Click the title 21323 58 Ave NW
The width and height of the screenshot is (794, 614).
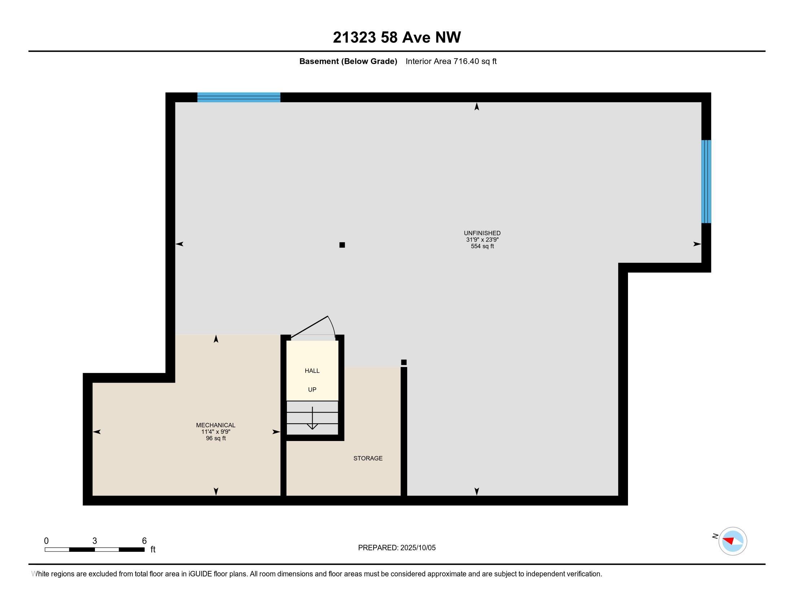(397, 37)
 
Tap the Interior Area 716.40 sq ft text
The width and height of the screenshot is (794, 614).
(451, 61)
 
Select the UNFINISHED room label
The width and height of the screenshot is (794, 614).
(482, 233)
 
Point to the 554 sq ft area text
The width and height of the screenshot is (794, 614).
(482, 246)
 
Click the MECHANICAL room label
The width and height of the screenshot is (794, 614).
(215, 425)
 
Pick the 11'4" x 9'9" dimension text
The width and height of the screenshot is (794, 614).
(215, 432)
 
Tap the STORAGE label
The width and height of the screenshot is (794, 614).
(368, 458)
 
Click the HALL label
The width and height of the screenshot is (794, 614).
(312, 371)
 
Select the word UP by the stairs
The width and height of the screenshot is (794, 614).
(312, 390)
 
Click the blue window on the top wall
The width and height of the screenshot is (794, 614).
(239, 97)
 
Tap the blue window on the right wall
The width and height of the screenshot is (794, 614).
(706, 182)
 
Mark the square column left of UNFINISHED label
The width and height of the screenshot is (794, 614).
(342, 245)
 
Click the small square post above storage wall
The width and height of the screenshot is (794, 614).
(403, 362)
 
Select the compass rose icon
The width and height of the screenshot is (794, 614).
(732, 541)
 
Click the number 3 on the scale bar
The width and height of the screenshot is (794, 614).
(95, 541)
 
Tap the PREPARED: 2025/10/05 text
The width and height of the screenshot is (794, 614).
(397, 548)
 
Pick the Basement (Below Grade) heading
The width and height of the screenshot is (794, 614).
(348, 61)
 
